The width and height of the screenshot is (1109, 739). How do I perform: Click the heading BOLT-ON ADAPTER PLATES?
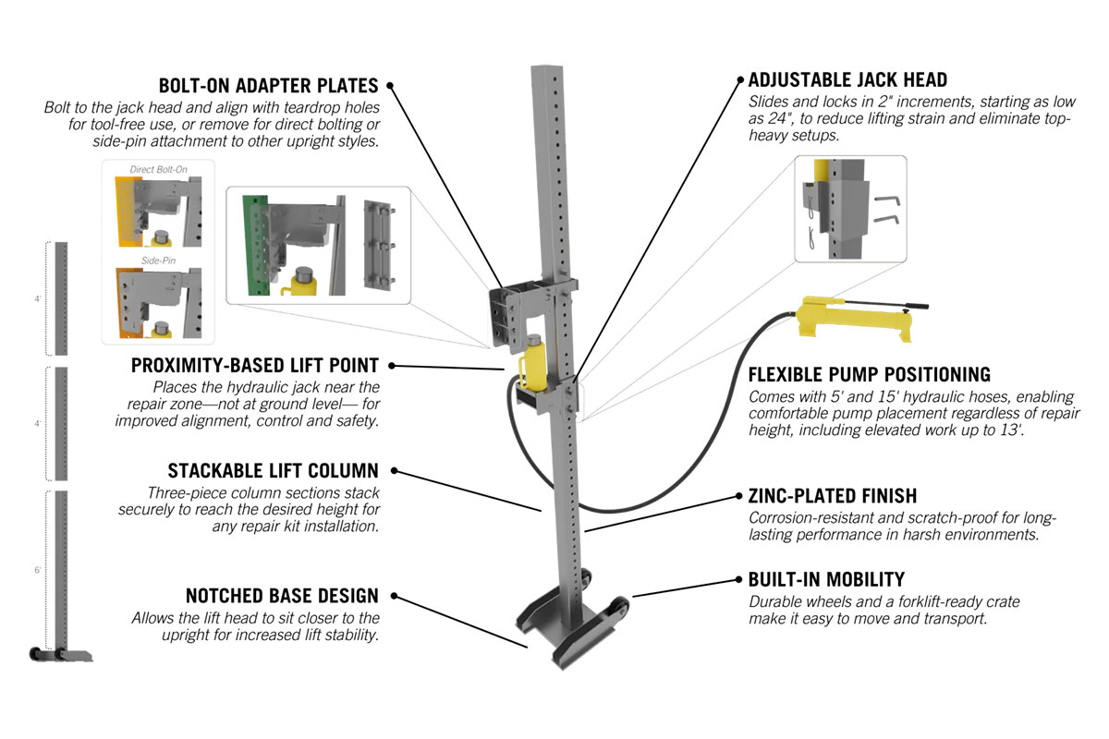coord(268,86)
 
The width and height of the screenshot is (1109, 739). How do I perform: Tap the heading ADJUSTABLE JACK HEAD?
coord(847,80)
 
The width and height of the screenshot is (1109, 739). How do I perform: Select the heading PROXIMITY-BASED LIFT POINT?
coord(255,366)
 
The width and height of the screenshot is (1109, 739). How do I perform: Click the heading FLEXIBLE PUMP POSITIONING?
coord(869,374)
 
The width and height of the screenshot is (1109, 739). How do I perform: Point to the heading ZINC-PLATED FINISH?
coord(832,496)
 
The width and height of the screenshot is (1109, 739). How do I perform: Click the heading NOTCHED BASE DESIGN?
coord(269,596)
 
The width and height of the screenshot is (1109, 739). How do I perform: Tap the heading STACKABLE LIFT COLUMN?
coord(273,471)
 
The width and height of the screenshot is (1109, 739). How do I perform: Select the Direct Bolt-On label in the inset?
coord(158,170)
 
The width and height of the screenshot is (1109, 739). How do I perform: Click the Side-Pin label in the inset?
coord(158,261)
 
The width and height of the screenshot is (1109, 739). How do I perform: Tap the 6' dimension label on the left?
coord(37,571)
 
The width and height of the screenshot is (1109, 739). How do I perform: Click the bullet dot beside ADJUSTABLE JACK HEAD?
coord(739,80)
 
